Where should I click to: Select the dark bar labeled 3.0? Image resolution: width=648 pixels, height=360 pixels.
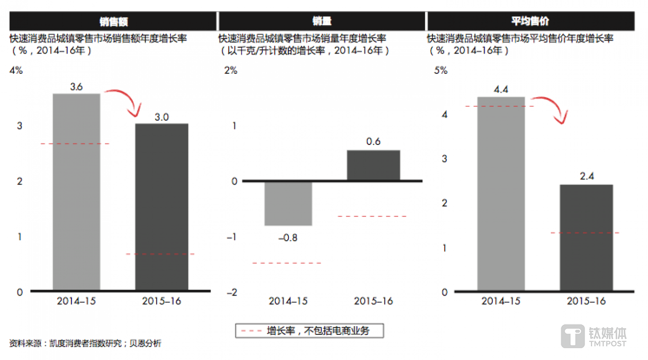click(162, 207)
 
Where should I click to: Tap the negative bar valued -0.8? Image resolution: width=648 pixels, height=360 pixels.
click(288, 203)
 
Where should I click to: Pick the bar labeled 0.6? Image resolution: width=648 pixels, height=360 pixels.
click(373, 165)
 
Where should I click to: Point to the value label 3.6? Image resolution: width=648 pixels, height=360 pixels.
click(76, 87)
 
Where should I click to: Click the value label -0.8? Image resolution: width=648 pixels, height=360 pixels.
click(288, 238)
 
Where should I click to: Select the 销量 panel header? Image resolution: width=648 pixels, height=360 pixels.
click(322, 21)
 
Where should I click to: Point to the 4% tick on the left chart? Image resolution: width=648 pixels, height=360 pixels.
click(16, 71)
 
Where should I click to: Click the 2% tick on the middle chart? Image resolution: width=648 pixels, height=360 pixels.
click(230, 71)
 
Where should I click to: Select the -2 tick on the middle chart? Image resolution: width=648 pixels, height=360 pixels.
click(231, 292)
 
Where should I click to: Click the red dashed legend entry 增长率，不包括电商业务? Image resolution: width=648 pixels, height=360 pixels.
click(309, 331)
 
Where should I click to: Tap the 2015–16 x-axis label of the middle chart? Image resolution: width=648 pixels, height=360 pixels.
click(373, 301)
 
